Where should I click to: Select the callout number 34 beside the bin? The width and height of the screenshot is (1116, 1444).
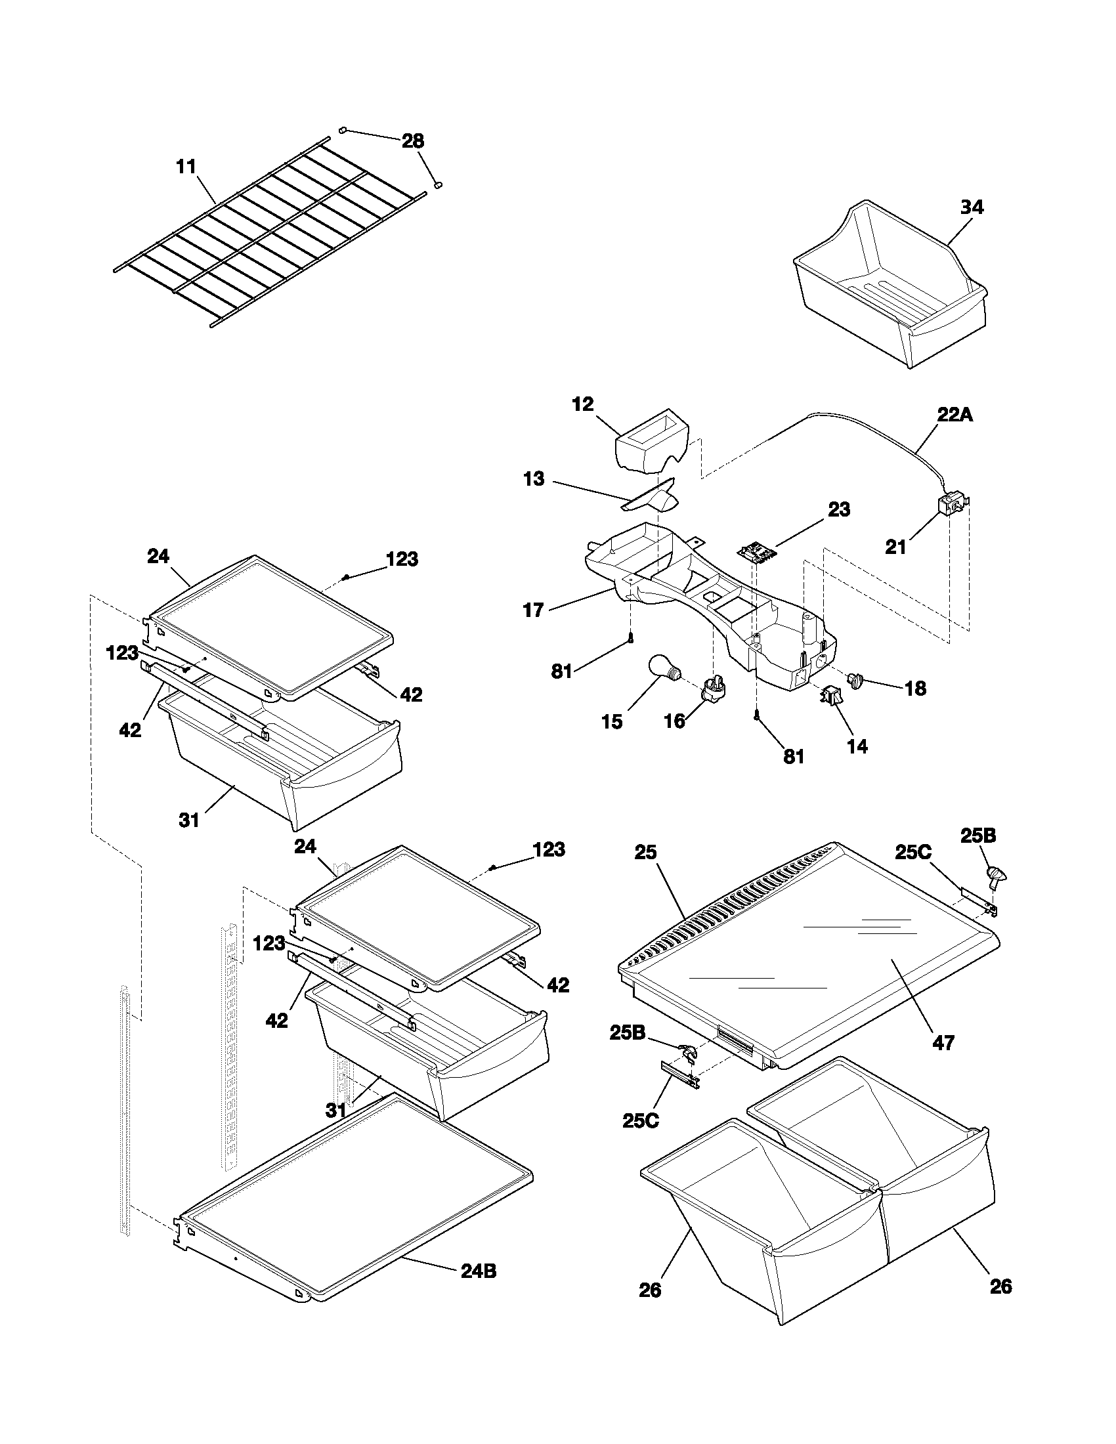(971, 207)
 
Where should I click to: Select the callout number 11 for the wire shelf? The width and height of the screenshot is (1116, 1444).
(186, 167)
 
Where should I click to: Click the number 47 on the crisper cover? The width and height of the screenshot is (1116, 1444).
(943, 1043)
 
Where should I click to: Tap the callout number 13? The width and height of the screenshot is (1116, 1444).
(534, 478)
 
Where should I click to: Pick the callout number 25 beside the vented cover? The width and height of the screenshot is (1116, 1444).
(645, 852)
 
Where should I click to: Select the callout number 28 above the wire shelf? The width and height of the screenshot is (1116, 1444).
(413, 141)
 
